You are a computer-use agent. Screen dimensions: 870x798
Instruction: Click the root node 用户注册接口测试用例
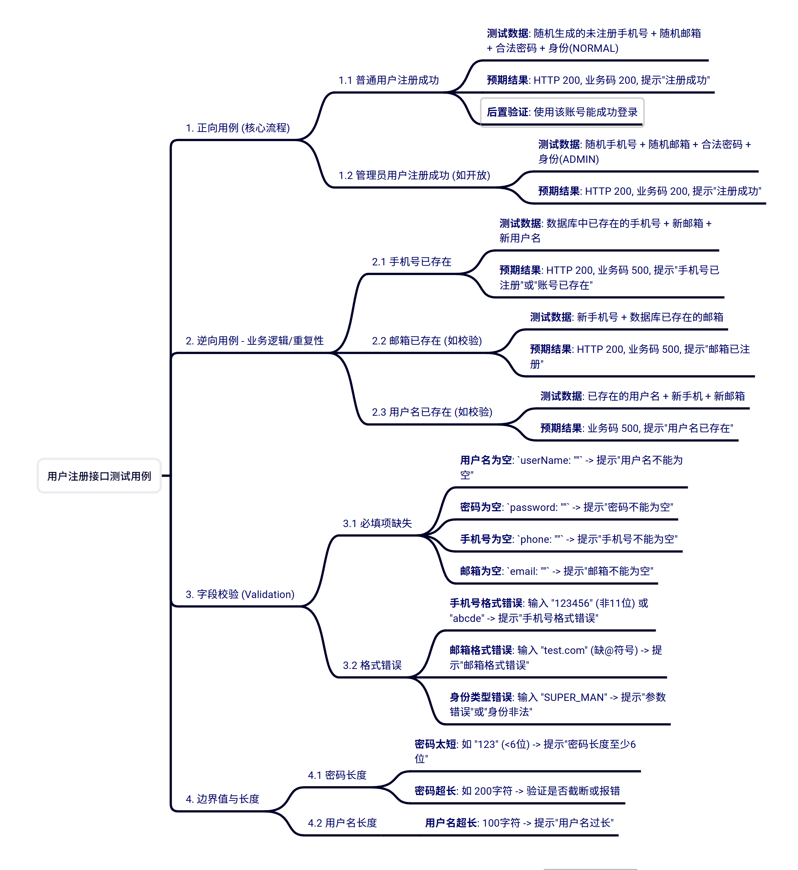tap(99, 476)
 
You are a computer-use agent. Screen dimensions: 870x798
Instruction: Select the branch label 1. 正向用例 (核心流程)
tap(237, 128)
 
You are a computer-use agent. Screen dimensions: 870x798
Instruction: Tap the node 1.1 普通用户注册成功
tap(388, 80)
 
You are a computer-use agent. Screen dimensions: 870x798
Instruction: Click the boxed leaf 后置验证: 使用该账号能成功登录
tap(562, 112)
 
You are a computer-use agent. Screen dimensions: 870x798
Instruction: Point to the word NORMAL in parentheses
tap(594, 49)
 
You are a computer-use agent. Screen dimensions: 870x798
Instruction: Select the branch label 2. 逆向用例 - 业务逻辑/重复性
tap(254, 341)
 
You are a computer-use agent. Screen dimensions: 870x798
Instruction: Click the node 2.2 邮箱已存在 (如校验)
tap(427, 341)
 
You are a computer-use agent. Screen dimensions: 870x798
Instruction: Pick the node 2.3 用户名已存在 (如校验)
tap(432, 412)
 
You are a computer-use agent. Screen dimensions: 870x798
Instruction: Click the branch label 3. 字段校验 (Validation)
tap(240, 595)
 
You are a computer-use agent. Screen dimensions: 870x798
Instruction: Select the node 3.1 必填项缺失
tap(377, 523)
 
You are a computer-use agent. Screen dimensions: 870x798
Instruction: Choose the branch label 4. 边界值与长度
tap(222, 799)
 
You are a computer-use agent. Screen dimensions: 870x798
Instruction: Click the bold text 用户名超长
tap(451, 823)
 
